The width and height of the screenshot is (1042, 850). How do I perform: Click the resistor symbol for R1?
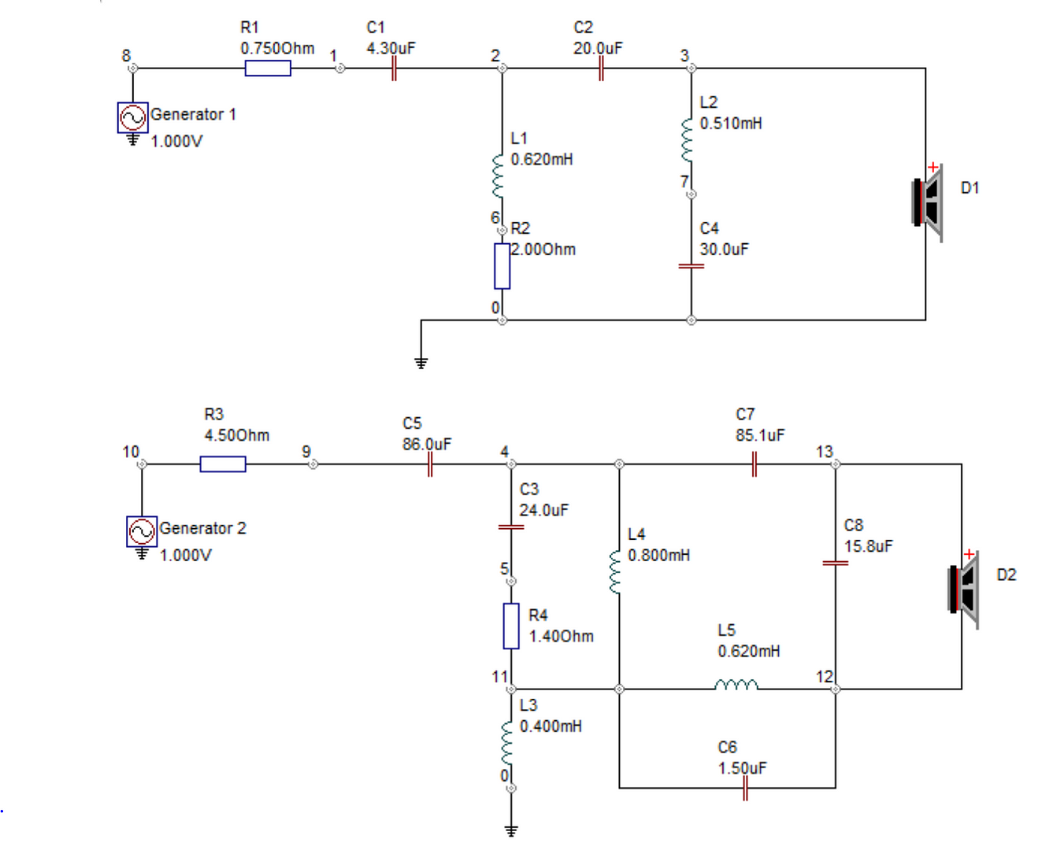pos(268,68)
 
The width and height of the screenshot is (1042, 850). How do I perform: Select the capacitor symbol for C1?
pos(394,68)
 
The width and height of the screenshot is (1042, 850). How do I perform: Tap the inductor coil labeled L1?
pos(498,176)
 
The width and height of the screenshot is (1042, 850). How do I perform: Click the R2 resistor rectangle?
pos(502,266)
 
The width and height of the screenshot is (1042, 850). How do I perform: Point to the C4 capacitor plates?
pos(692,266)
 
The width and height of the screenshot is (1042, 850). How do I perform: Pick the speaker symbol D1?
pos(927,202)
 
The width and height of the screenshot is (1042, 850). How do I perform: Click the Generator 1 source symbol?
pos(132,117)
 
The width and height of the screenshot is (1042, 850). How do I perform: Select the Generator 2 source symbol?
pos(142,531)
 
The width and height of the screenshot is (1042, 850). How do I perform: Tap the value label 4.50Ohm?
pos(236,435)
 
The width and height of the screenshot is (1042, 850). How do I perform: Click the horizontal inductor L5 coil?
pos(736,685)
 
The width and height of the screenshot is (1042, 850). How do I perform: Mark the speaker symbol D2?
pos(963,589)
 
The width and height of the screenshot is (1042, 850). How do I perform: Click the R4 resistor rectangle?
pos(511,626)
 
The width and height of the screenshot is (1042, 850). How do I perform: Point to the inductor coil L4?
pos(615,571)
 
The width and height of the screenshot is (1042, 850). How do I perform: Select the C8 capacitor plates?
pos(836,563)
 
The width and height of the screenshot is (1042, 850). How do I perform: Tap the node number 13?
pos(824,452)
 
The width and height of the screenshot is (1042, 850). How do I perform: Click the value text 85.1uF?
pos(760,435)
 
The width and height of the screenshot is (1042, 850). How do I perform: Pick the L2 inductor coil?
pos(687,139)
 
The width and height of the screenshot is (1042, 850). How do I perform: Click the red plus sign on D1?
pos(933,168)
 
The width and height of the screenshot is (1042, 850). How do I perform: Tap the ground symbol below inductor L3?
pos(511,832)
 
